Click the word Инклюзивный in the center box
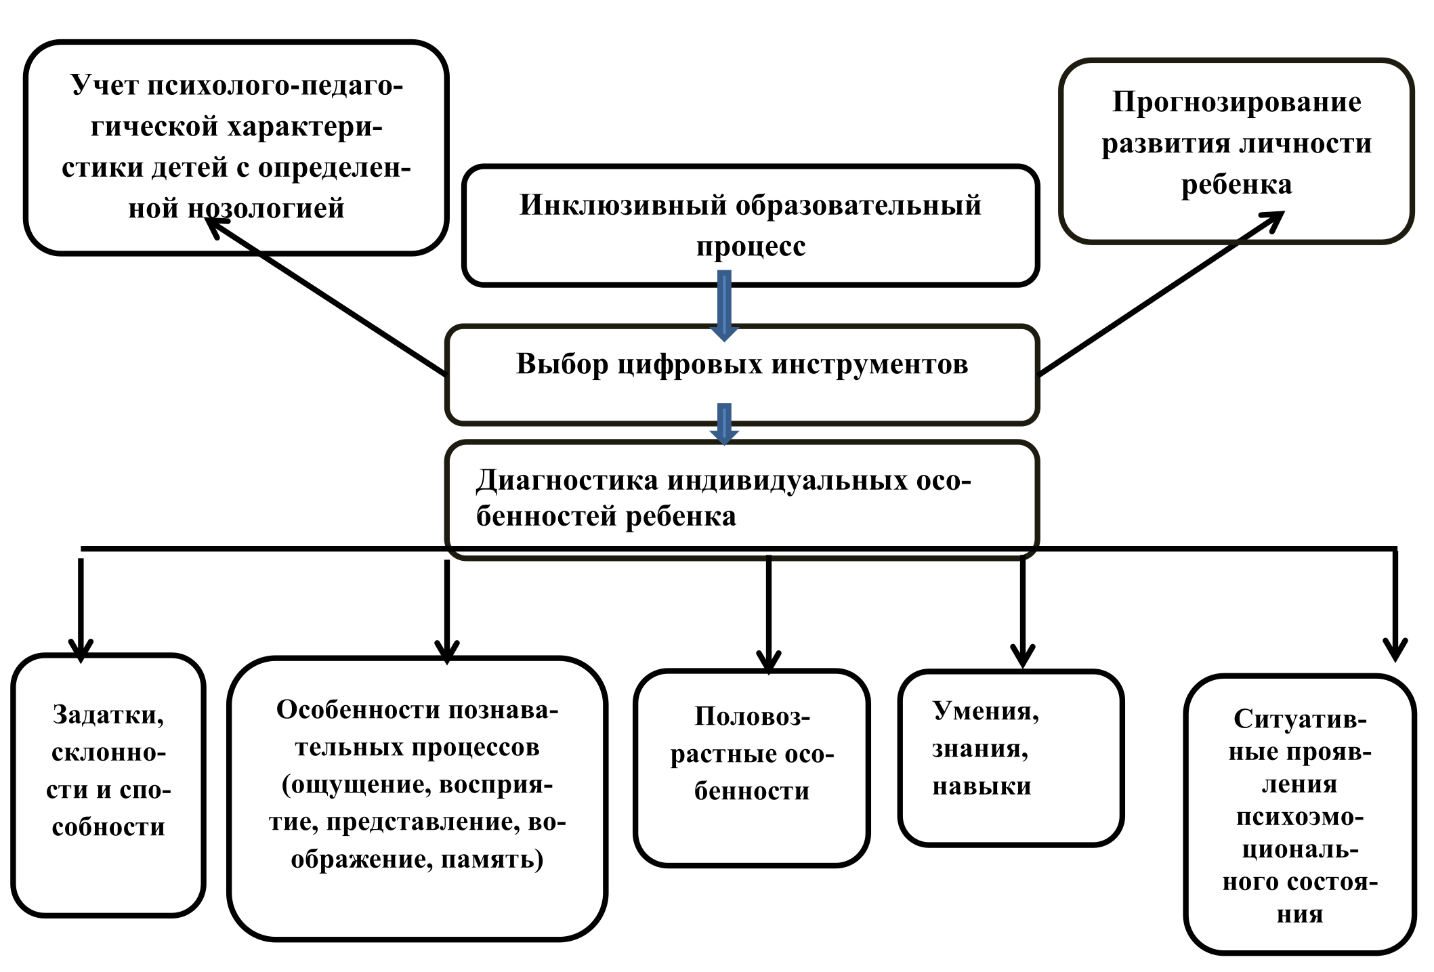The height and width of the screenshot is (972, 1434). tap(623, 205)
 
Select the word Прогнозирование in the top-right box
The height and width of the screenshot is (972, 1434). tap(1236, 103)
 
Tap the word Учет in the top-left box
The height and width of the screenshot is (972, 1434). tap(104, 85)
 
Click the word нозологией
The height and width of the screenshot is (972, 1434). tap(266, 208)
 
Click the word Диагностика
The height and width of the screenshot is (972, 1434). tap(566, 480)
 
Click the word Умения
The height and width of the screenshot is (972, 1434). tap(986, 711)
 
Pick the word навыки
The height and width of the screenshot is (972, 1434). tap(982, 786)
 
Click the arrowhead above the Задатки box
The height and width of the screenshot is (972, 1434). tap(81, 650)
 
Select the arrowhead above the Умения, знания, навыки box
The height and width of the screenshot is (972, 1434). tap(1023, 656)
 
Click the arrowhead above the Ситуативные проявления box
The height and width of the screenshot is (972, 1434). tap(1395, 650)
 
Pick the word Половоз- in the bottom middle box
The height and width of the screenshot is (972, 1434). tap(752, 717)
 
